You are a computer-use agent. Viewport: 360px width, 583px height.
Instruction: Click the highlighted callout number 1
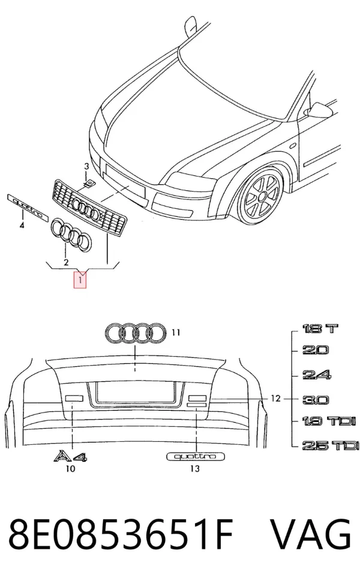pyautogui.click(x=80, y=280)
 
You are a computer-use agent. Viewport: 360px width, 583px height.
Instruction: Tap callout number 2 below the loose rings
pyautogui.click(x=66, y=262)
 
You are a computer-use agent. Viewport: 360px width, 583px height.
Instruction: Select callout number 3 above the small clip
pyautogui.click(x=86, y=166)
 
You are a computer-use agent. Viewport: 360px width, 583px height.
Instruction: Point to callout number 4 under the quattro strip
pyautogui.click(x=22, y=225)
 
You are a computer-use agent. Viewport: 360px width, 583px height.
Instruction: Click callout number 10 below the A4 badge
pyautogui.click(x=70, y=468)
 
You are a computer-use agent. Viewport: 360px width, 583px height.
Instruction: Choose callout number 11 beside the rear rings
pyautogui.click(x=176, y=332)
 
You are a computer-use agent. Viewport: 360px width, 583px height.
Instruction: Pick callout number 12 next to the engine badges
pyautogui.click(x=275, y=399)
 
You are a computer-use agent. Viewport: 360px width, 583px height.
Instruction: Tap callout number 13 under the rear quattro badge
pyautogui.click(x=194, y=468)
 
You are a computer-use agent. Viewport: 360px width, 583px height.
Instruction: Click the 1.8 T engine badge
pyautogui.click(x=320, y=328)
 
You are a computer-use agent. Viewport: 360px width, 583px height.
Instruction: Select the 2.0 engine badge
pyautogui.click(x=315, y=350)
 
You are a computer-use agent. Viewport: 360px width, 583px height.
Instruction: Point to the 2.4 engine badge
pyautogui.click(x=316, y=375)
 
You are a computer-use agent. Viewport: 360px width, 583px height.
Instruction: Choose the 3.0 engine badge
pyautogui.click(x=316, y=400)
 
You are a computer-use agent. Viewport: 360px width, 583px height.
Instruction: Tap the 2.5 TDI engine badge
pyautogui.click(x=331, y=445)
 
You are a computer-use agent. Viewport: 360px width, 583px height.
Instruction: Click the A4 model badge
pyautogui.click(x=70, y=456)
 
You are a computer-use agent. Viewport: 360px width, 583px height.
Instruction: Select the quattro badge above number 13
pyautogui.click(x=196, y=456)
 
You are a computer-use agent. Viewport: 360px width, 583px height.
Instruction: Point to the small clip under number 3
pyautogui.click(x=89, y=183)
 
